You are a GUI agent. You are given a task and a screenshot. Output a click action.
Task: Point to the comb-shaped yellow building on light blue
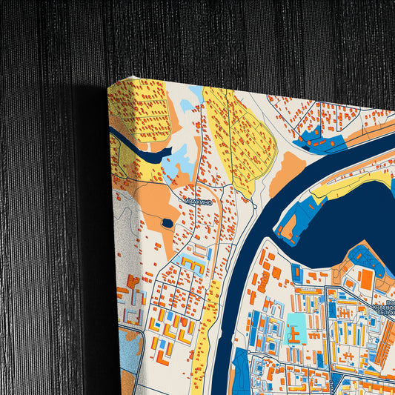pyautogui.click(x=190, y=265)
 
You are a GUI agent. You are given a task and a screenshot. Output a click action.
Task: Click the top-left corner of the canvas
pyautogui.click(x=109, y=84)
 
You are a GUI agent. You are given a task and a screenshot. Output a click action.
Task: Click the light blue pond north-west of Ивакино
pyautogui.click(x=175, y=167)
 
